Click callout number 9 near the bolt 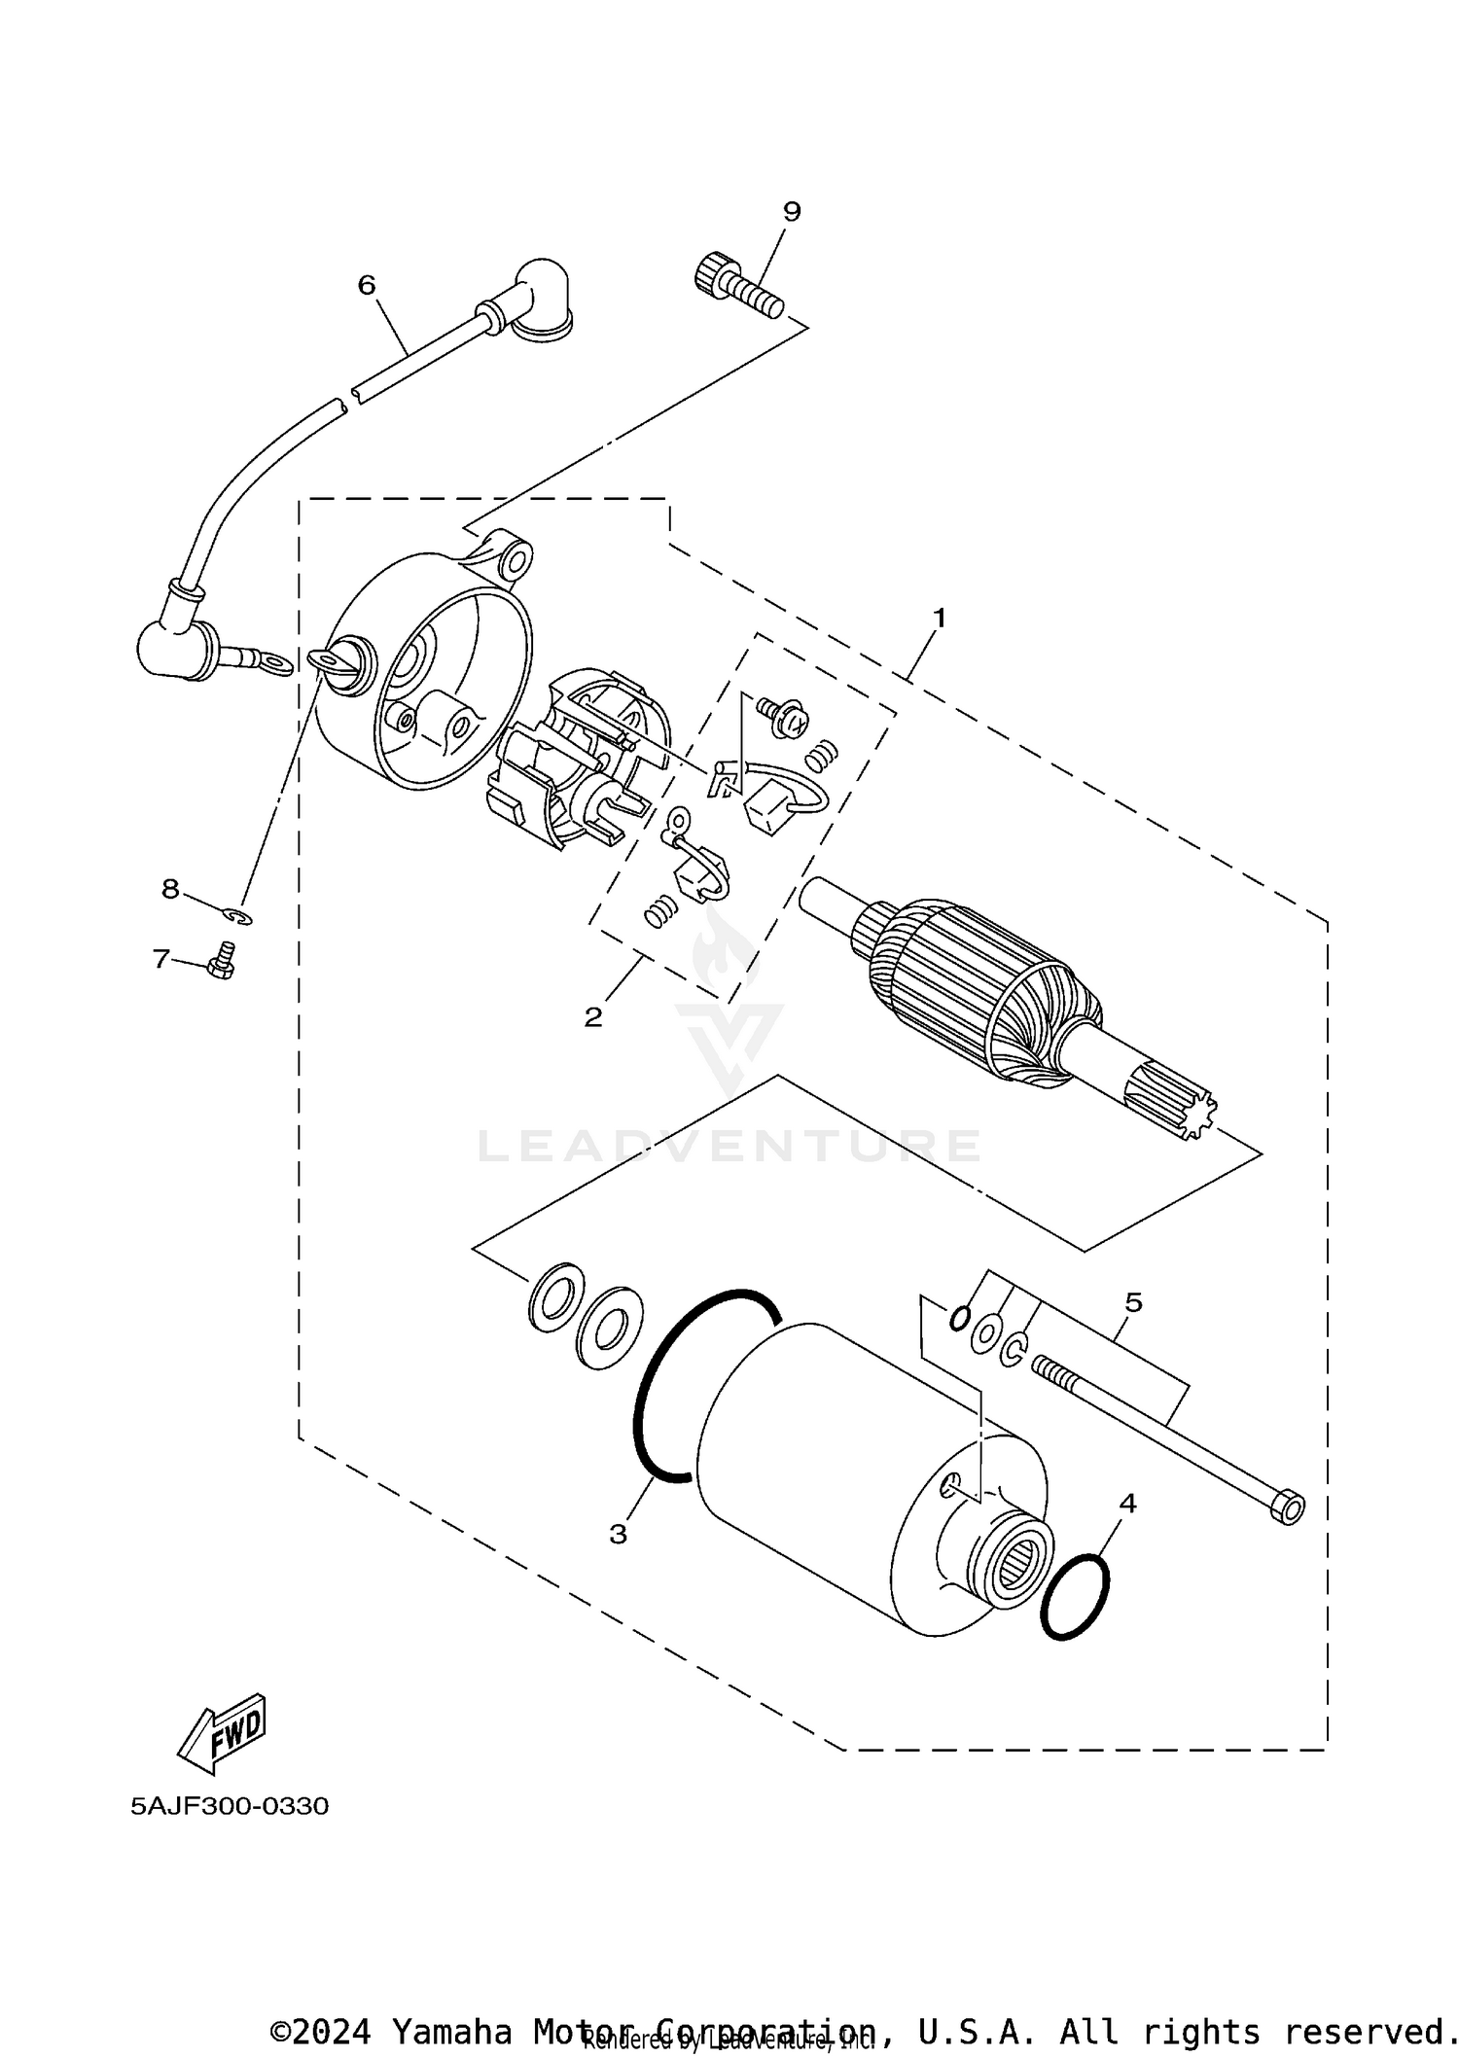791,211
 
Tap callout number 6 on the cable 367,285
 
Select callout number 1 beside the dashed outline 940,618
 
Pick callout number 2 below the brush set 592,1017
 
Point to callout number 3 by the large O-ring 619,1534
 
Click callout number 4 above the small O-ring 1127,1504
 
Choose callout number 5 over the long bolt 1133,1302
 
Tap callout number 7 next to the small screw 160,959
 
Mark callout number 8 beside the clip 170,888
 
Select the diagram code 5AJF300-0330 230,1806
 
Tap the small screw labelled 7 222,962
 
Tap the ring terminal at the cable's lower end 276,665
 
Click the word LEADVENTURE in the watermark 729,1147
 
